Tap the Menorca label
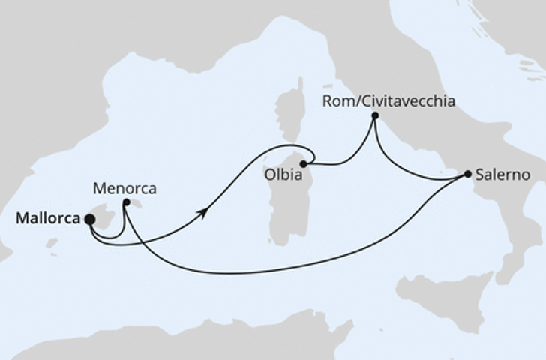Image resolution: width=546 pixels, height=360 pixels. [x=125, y=188]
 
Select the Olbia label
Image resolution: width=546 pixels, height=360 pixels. [x=282, y=176]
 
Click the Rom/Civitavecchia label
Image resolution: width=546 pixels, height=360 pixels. [x=388, y=100]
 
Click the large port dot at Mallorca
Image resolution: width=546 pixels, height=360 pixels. [x=90, y=220]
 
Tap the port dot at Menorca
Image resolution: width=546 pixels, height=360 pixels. [x=127, y=202]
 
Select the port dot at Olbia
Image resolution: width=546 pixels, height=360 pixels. [x=304, y=163]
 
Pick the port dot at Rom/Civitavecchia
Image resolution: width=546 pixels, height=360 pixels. [x=375, y=116]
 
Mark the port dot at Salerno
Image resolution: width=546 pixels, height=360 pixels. [x=468, y=174]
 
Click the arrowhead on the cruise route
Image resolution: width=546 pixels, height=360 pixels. [x=203, y=214]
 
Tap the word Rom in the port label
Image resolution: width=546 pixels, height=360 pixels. [x=334, y=100]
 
